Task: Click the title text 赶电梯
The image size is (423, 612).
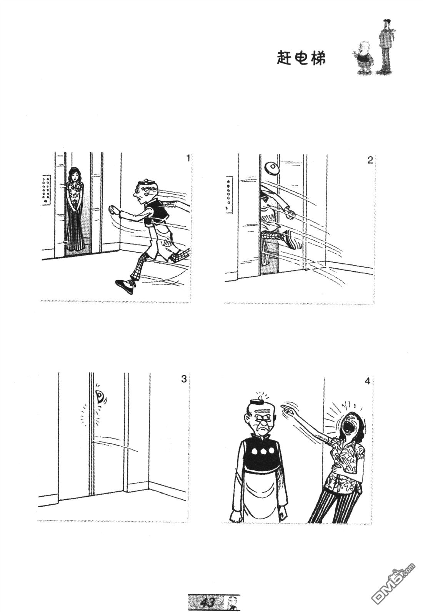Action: [301, 58]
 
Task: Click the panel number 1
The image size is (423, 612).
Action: [187, 158]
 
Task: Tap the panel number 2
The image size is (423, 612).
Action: [370, 160]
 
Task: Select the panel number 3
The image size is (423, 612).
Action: [184, 379]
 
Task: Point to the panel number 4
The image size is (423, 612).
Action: [367, 381]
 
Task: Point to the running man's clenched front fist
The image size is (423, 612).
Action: [113, 210]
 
